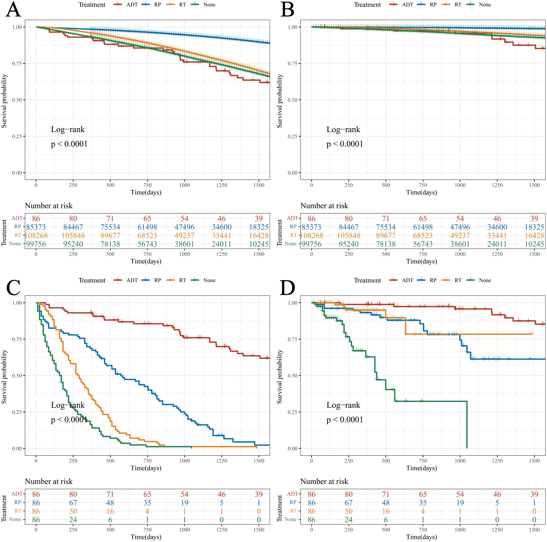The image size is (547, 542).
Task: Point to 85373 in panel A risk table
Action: click(x=36, y=227)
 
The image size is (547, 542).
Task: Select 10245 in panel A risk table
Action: click(x=259, y=244)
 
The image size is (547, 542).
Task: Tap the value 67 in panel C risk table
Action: click(x=73, y=503)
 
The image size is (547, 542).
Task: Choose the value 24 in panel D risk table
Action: click(x=349, y=520)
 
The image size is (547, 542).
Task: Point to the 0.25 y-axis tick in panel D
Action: click(x=292, y=412)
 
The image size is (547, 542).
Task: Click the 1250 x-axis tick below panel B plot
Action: click(x=497, y=185)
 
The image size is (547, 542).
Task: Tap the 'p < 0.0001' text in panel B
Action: click(x=345, y=144)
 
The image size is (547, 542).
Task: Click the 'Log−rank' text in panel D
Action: click(x=343, y=405)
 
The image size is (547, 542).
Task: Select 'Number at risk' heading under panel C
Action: click(x=49, y=481)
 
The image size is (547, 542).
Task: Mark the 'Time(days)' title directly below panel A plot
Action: click(x=146, y=192)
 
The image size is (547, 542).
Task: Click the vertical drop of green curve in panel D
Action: click(x=467, y=425)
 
